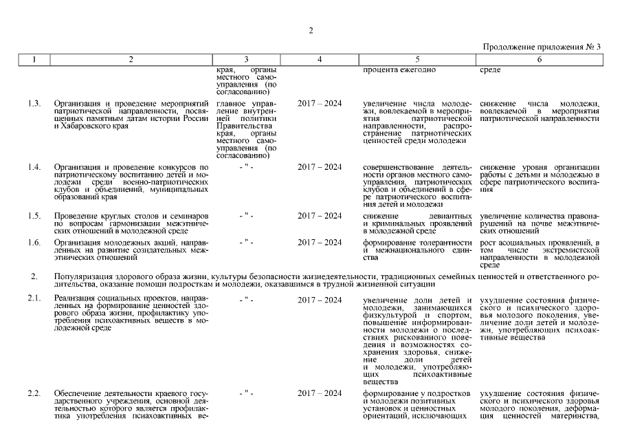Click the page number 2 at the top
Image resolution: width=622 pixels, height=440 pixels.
[x=311, y=30]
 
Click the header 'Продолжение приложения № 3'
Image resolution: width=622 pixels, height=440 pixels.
[x=542, y=47]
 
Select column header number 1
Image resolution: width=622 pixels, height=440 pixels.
[x=33, y=59]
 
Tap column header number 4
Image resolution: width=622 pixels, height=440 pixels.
[x=320, y=59]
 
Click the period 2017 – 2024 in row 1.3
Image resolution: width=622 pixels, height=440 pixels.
[x=320, y=104]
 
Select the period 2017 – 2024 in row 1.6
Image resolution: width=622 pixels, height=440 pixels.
[x=320, y=242]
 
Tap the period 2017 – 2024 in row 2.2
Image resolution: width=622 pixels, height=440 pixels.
[x=320, y=393]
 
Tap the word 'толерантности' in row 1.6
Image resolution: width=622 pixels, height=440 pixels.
[x=440, y=242]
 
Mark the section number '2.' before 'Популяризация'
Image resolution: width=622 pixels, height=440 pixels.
[x=33, y=276]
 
